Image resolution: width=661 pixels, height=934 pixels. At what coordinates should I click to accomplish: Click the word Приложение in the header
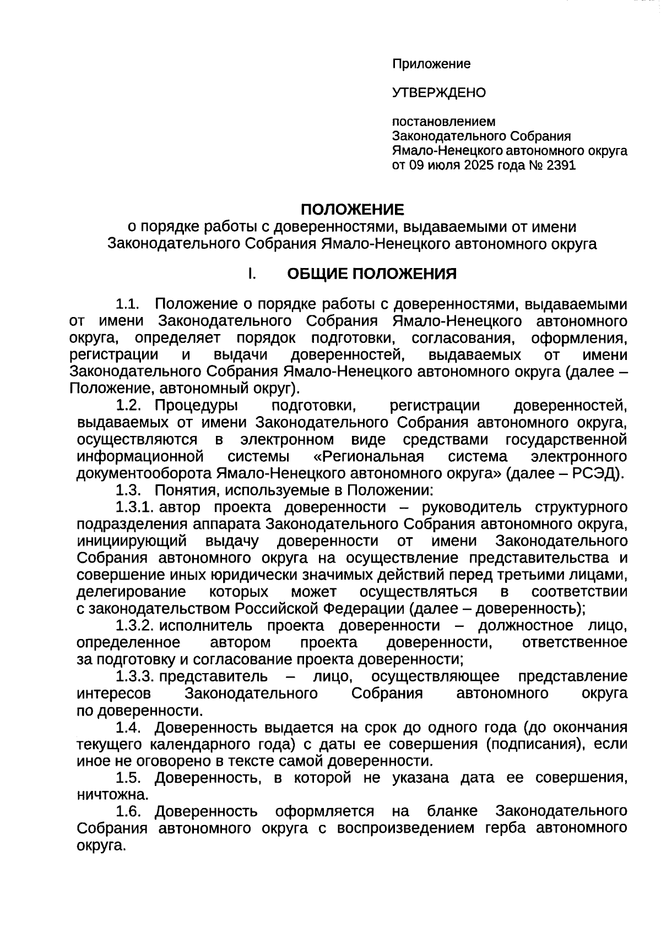[x=431, y=64]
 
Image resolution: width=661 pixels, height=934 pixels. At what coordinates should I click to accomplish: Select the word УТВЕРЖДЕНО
[x=439, y=92]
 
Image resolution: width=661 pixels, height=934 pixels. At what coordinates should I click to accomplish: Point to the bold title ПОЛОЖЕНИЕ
[x=352, y=209]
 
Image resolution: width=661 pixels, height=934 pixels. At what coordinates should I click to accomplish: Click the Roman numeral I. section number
[x=251, y=274]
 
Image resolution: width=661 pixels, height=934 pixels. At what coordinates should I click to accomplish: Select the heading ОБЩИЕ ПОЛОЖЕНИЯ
[x=372, y=274]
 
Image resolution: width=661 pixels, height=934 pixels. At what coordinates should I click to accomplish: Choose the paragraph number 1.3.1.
[x=134, y=507]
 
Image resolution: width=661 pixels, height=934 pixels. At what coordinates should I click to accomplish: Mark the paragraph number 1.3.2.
[x=134, y=625]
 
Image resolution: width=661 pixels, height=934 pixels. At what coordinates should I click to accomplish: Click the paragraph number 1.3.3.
[x=134, y=676]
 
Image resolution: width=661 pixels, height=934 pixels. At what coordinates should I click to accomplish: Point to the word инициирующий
[x=132, y=541]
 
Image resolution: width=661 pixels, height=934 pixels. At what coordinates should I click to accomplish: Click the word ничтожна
[x=112, y=795]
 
